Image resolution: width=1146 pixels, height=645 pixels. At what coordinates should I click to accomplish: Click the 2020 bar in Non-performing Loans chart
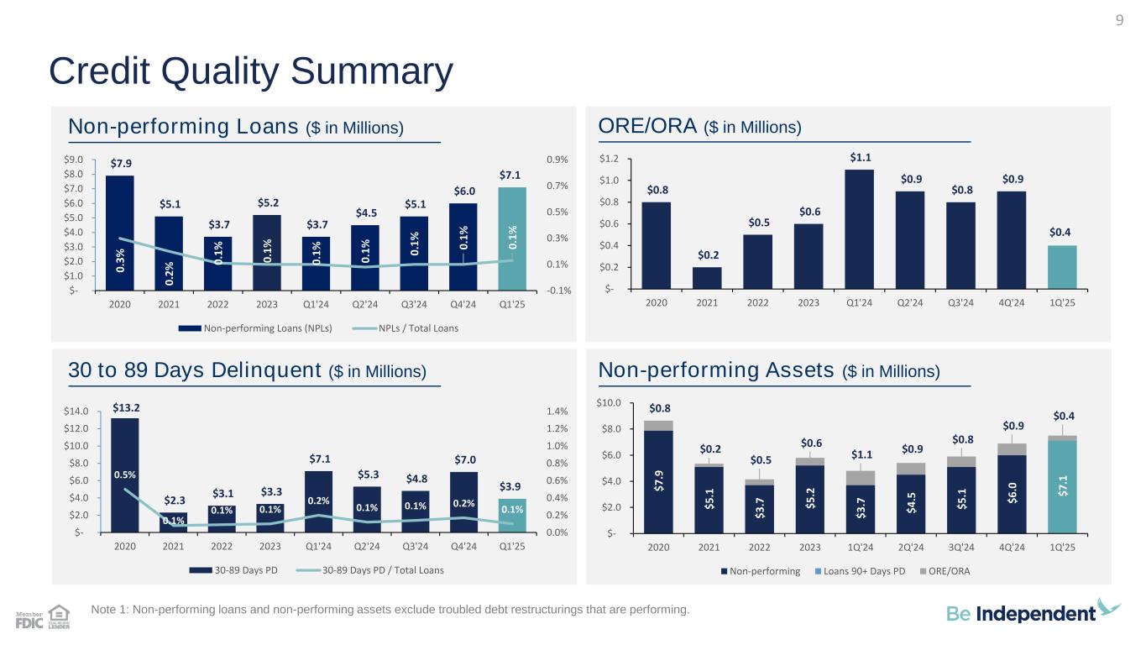(120, 233)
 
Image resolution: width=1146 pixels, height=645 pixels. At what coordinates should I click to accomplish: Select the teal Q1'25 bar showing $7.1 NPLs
(513, 238)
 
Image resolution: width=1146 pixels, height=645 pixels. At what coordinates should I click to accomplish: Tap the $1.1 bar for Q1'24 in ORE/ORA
(859, 228)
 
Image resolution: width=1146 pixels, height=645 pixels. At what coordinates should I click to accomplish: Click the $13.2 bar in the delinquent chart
(125, 475)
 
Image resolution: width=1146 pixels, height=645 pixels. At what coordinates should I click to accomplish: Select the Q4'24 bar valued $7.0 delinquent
(463, 501)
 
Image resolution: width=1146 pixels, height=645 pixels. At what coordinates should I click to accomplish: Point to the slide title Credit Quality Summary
(251, 72)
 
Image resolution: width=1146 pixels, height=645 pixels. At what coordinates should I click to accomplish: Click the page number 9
(1119, 21)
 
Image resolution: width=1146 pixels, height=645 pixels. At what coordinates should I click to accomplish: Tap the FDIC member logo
(29, 621)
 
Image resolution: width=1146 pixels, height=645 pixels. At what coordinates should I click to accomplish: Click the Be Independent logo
(1033, 612)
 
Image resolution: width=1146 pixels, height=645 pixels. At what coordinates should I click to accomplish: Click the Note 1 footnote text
(393, 610)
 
